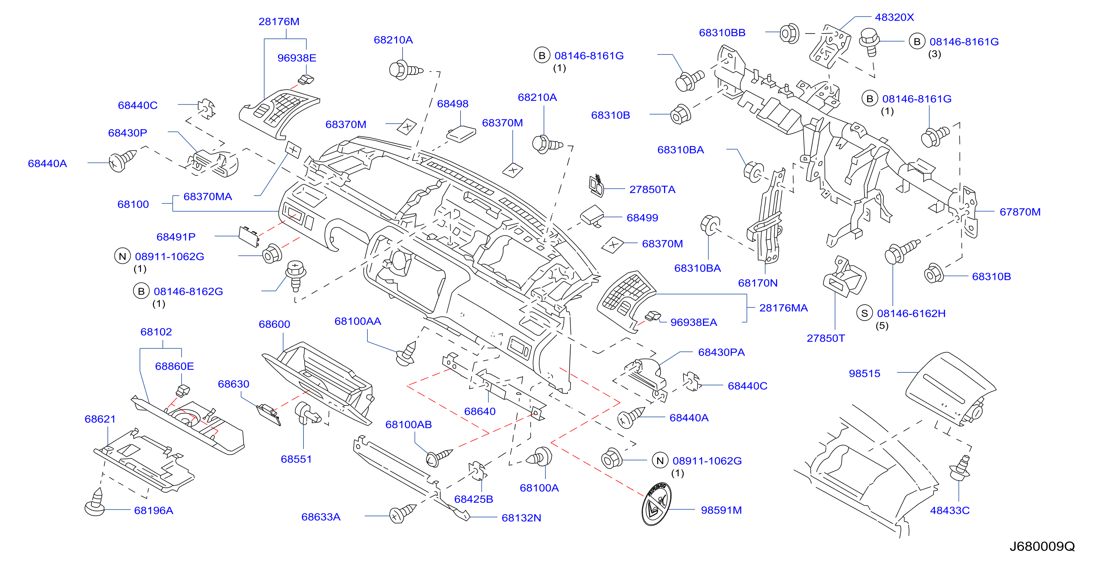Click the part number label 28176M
(279, 22)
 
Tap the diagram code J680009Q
(1042, 546)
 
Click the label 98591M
(721, 510)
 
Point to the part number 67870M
(1020, 212)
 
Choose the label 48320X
(894, 18)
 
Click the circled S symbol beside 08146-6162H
(865, 313)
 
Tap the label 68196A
(154, 510)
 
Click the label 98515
(865, 373)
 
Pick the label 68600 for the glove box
(274, 324)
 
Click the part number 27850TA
(652, 190)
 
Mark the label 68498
(453, 104)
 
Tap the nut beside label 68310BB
(789, 34)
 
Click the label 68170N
(758, 283)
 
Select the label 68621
(100, 419)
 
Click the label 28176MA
(783, 308)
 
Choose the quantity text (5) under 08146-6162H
(882, 326)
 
